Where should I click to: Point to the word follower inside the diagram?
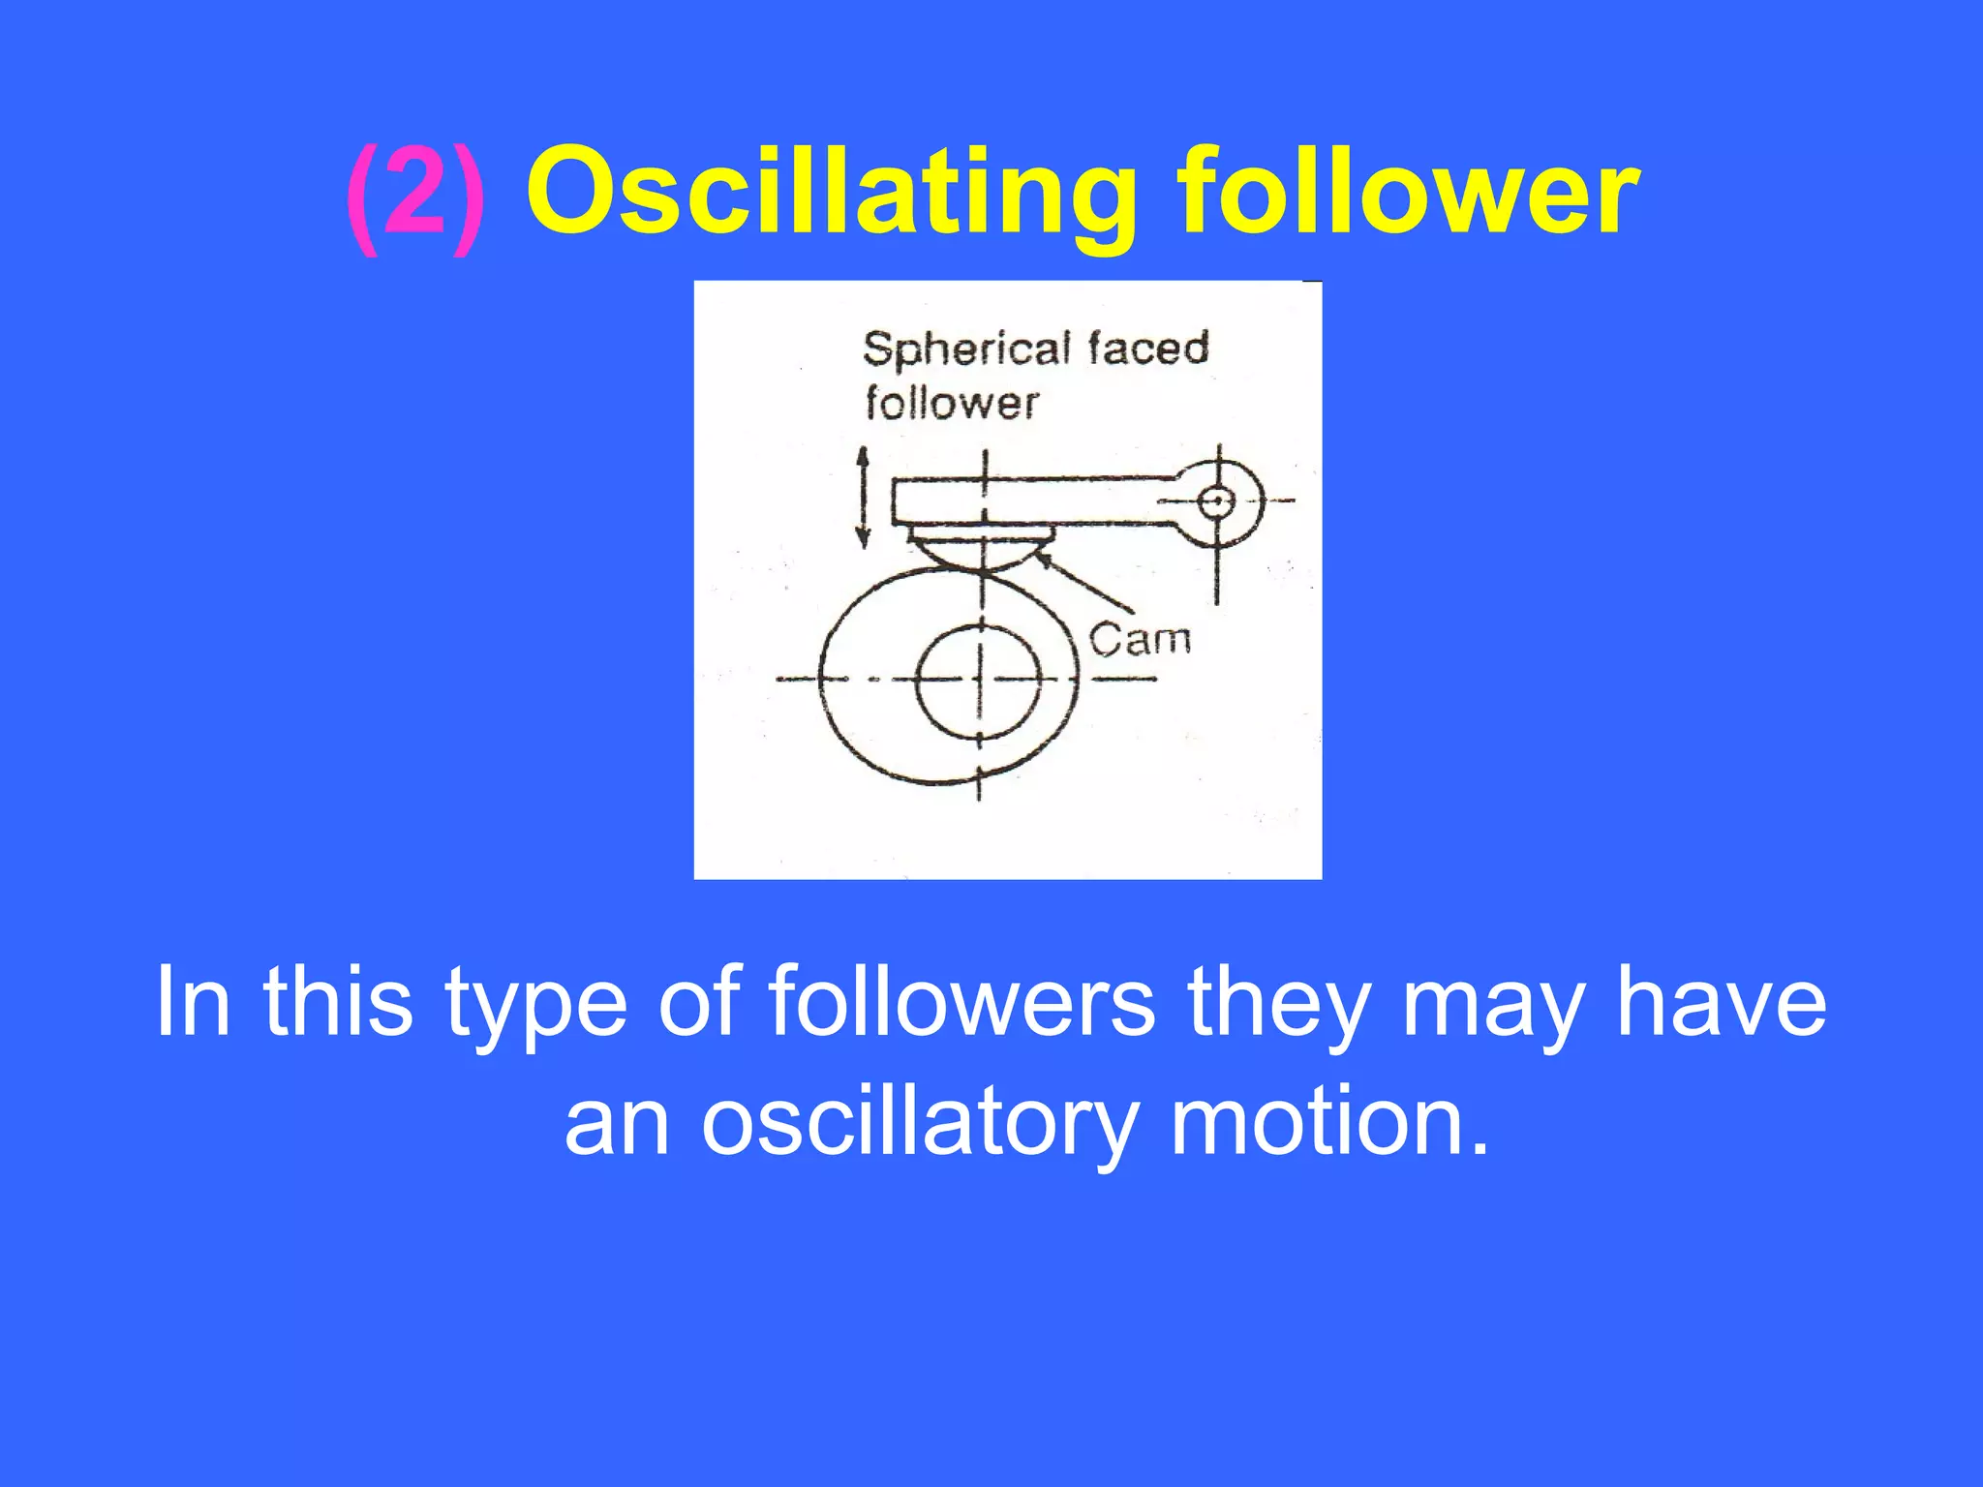pyautogui.click(x=951, y=403)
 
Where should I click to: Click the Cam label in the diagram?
pyautogui.click(x=1139, y=640)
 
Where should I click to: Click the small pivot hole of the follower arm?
pyautogui.click(x=1216, y=501)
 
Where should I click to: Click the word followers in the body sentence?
pyautogui.click(x=961, y=1001)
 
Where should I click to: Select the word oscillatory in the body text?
pyautogui.click(x=918, y=1123)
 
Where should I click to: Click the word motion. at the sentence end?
pyautogui.click(x=1329, y=1123)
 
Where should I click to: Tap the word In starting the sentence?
pyautogui.click(x=193, y=1001)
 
